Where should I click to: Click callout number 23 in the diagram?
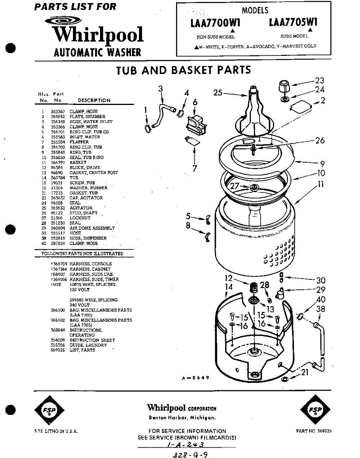[x=319, y=81]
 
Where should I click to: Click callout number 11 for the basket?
[x=321, y=184]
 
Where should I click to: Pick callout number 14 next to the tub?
[x=228, y=287]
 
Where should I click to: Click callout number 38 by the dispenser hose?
[x=321, y=309]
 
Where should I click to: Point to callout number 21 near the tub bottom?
[x=305, y=372]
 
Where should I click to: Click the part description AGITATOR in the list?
[x=81, y=208]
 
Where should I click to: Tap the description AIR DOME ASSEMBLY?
[x=92, y=228]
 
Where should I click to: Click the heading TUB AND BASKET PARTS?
[x=183, y=70]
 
